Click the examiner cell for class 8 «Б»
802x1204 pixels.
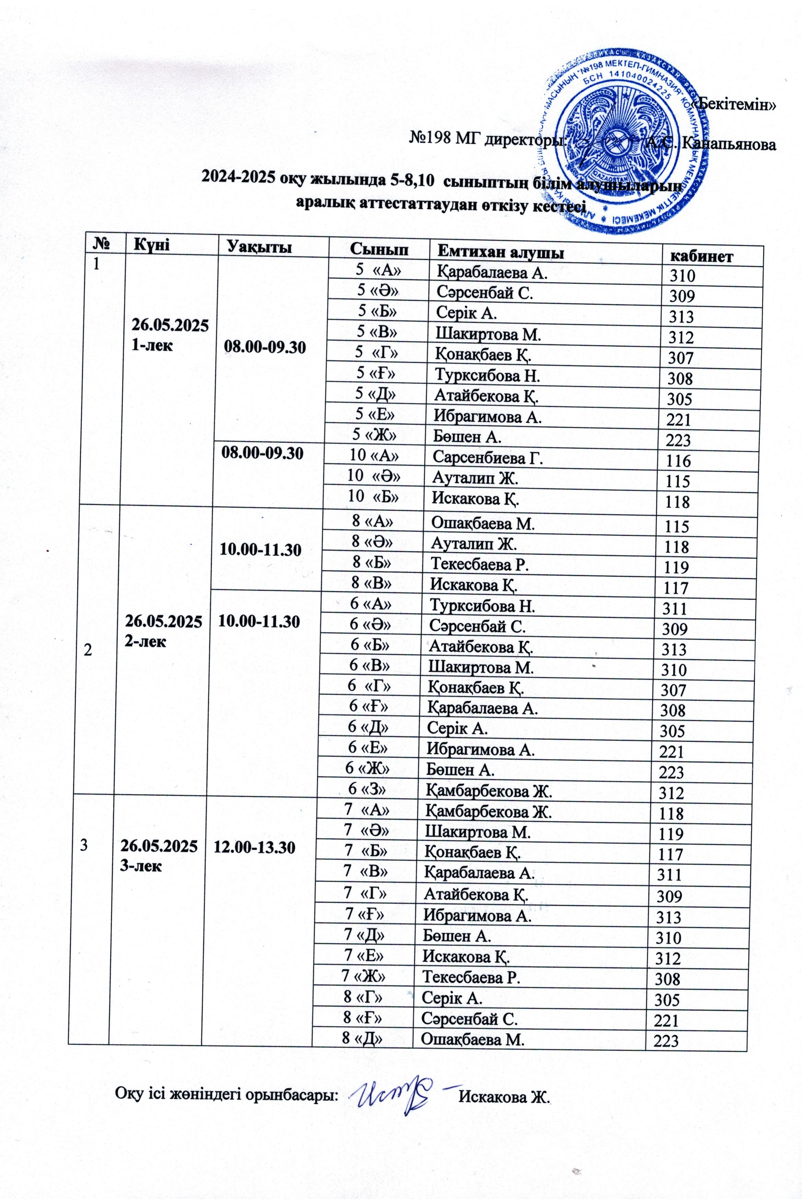coord(479,564)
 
